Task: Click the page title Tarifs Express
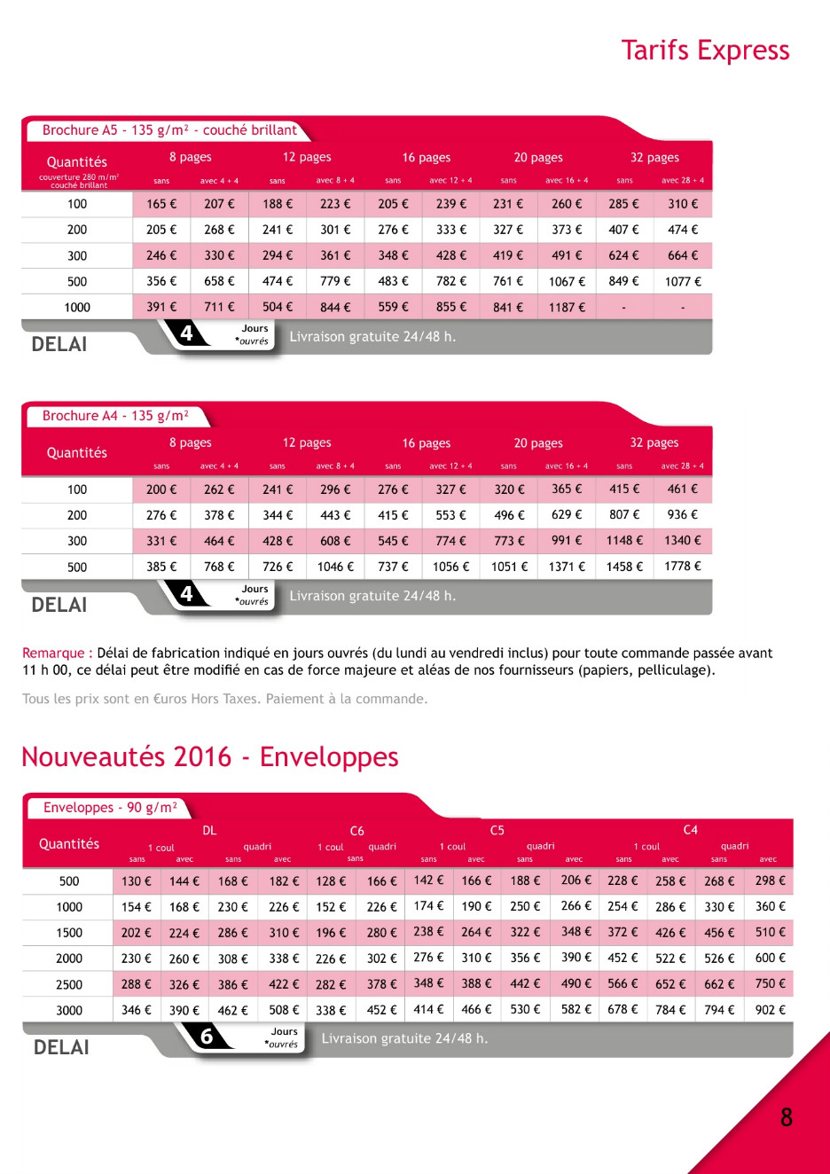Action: point(705,51)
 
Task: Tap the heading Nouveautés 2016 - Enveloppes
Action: point(209,756)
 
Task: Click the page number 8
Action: point(786,1117)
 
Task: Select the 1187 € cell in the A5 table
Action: point(567,308)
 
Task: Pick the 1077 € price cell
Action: point(683,282)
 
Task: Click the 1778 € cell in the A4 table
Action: point(683,567)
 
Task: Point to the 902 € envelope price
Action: point(770,1010)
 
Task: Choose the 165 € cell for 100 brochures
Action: point(161,204)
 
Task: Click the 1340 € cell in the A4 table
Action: point(683,541)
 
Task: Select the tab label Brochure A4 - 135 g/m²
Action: point(115,416)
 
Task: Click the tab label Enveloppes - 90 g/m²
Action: point(110,808)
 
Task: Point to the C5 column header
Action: point(497,831)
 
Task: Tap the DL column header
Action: point(209,831)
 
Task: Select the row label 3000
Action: point(69,1011)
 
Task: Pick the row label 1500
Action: point(69,934)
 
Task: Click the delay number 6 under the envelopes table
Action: point(207,1037)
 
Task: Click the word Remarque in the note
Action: point(53,654)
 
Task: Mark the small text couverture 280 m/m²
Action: point(78,177)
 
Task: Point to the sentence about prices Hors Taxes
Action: point(224,699)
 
